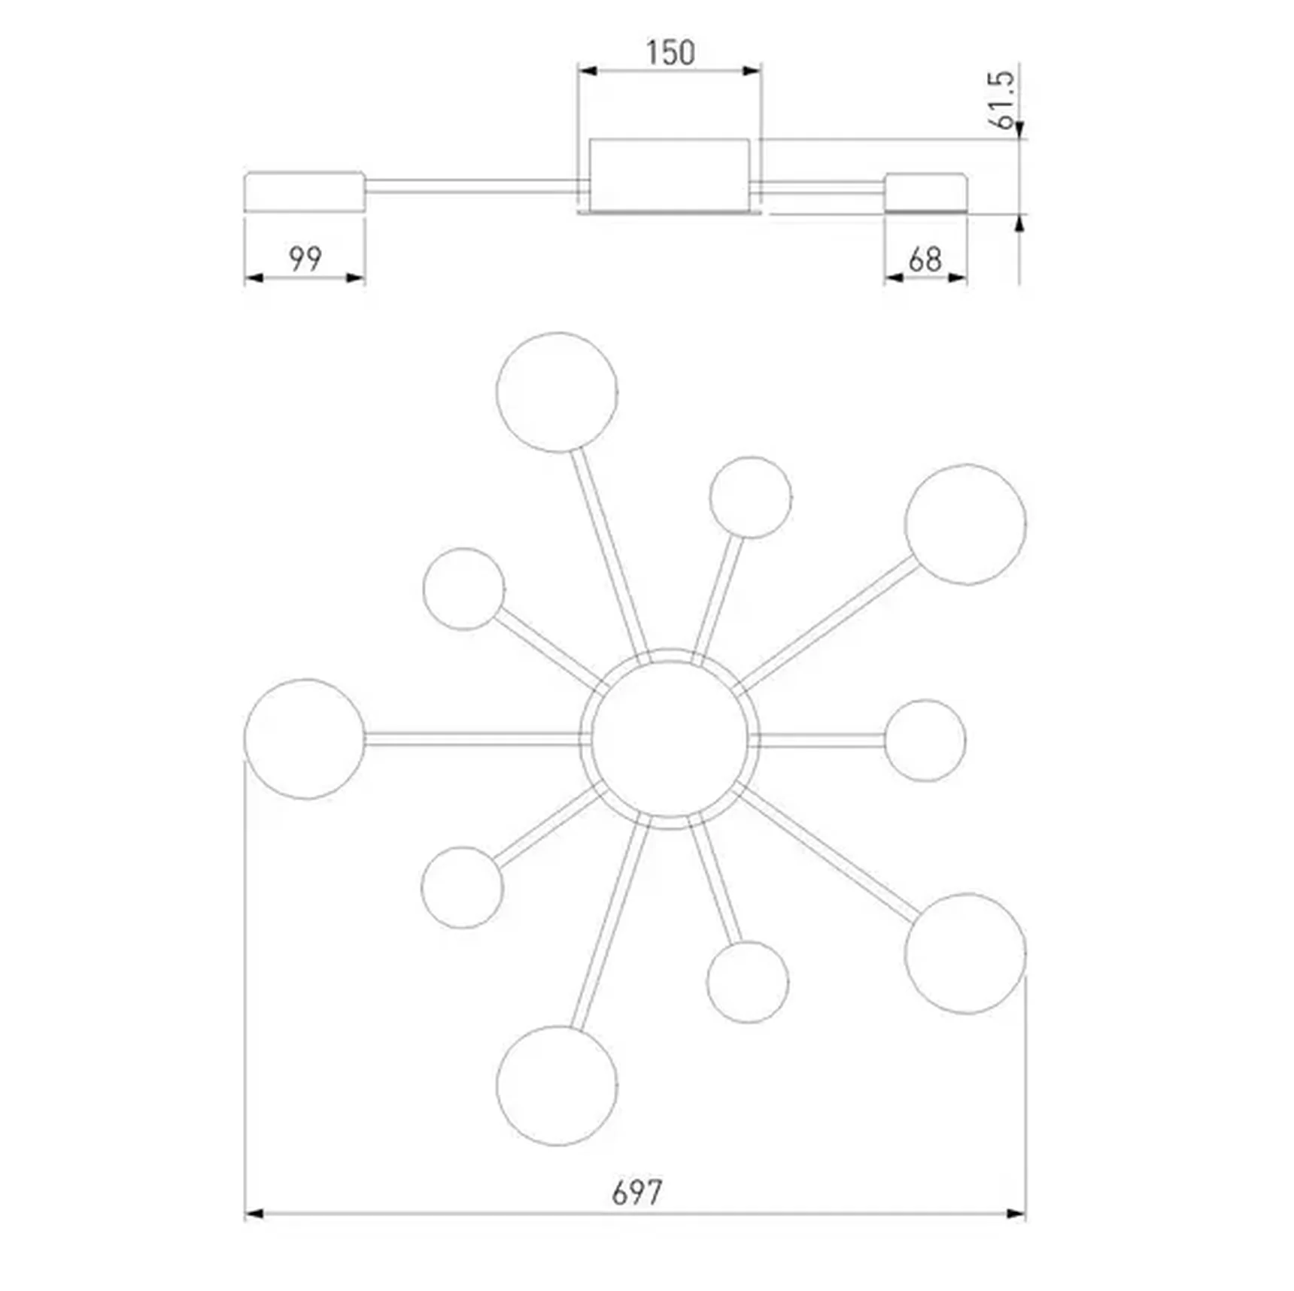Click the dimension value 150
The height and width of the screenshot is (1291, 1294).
click(x=670, y=53)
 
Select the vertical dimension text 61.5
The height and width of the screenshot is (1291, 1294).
click(x=1002, y=101)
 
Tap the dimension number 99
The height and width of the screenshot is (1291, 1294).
click(x=305, y=259)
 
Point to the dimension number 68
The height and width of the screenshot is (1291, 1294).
click(x=925, y=260)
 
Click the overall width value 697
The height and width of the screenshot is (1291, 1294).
click(x=636, y=1193)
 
